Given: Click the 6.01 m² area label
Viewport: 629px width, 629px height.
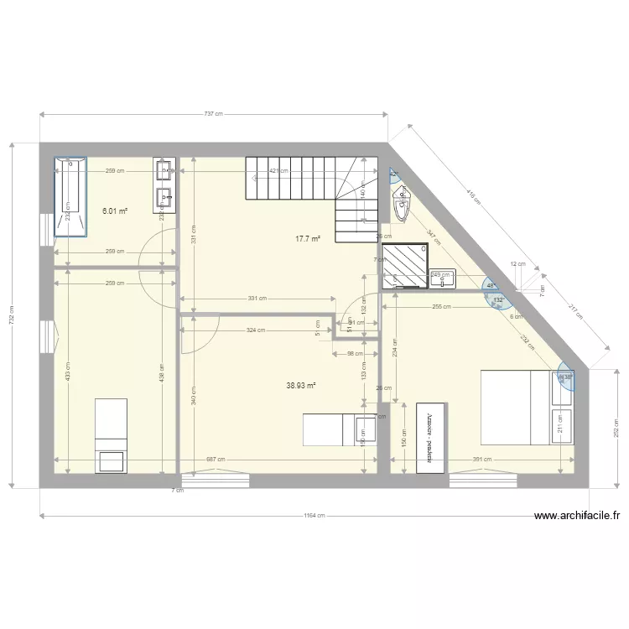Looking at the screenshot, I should point(114,211).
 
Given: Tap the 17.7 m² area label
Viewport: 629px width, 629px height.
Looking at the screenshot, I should point(308,239).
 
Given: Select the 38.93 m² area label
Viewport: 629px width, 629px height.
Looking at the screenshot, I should point(300,386).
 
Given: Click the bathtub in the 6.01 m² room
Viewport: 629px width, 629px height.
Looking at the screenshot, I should point(70,197).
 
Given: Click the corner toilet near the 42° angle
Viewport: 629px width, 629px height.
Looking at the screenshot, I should point(403,203).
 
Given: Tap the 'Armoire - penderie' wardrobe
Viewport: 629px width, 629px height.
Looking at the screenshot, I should point(429,436).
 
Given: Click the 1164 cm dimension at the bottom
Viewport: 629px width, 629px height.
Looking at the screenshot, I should point(314,516).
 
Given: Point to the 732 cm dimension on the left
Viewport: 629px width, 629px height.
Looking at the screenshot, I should point(12,314).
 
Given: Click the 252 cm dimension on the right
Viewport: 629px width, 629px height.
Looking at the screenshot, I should point(616,429).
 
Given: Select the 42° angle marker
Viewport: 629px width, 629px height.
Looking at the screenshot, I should point(393,174).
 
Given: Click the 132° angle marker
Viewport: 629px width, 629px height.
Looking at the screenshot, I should point(498,299).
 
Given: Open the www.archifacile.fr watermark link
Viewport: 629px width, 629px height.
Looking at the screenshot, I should point(580,517).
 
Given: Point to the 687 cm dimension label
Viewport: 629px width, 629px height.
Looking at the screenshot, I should point(215,460).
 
